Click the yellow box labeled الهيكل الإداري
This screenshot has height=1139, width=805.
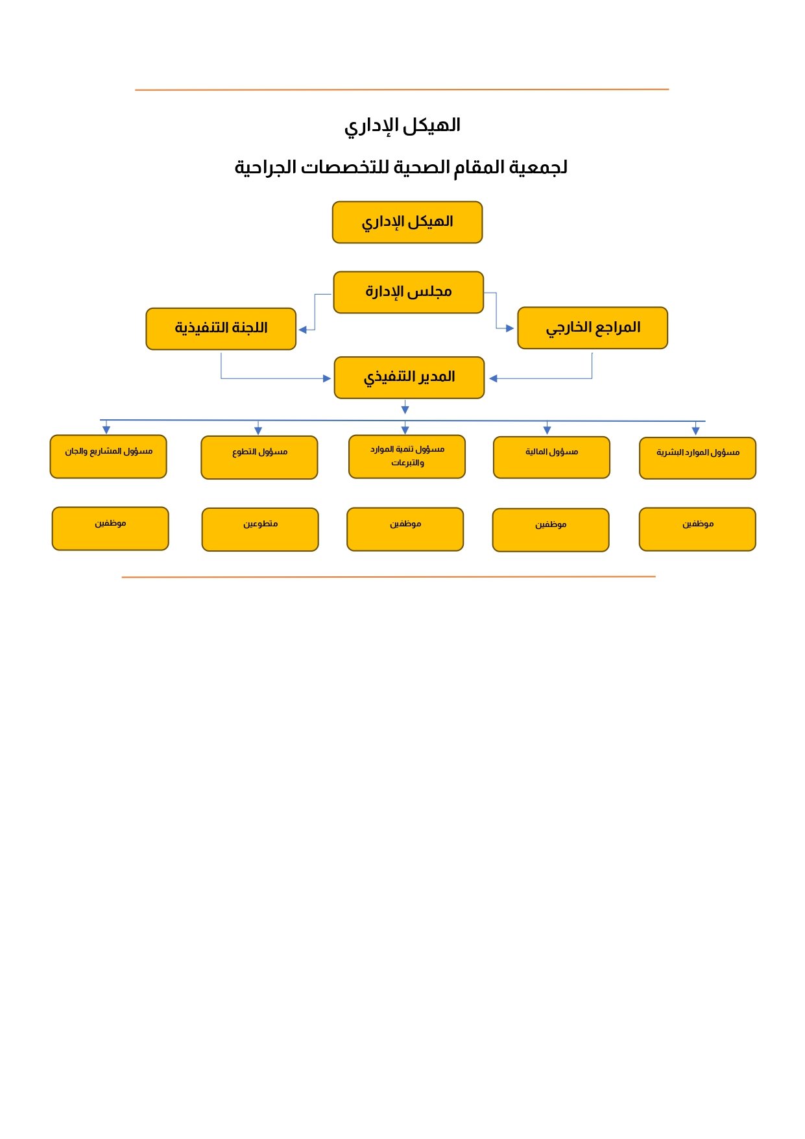(407, 222)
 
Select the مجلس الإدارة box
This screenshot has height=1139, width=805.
(409, 292)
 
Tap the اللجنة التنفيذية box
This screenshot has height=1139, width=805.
(221, 328)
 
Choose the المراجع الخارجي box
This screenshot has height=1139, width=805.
(592, 328)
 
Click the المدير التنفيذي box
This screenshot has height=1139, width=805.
(409, 377)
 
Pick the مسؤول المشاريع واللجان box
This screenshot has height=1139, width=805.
(108, 456)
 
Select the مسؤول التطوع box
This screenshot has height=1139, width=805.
(259, 458)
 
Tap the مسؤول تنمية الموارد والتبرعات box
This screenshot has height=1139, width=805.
(407, 456)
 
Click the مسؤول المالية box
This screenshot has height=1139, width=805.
(551, 458)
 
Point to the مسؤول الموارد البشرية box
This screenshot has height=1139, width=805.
(697, 458)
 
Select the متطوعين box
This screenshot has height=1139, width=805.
(260, 530)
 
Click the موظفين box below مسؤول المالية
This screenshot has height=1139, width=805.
(551, 530)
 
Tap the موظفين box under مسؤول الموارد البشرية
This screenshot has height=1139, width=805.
(697, 529)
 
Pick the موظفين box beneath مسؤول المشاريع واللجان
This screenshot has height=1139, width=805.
(110, 528)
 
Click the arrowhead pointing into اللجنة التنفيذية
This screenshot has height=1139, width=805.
(302, 330)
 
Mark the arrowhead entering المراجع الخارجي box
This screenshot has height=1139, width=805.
(510, 328)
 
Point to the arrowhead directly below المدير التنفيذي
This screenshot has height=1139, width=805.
(405, 410)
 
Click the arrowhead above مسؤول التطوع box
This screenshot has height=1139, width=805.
(258, 431)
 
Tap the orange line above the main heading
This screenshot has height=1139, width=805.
(402, 90)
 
